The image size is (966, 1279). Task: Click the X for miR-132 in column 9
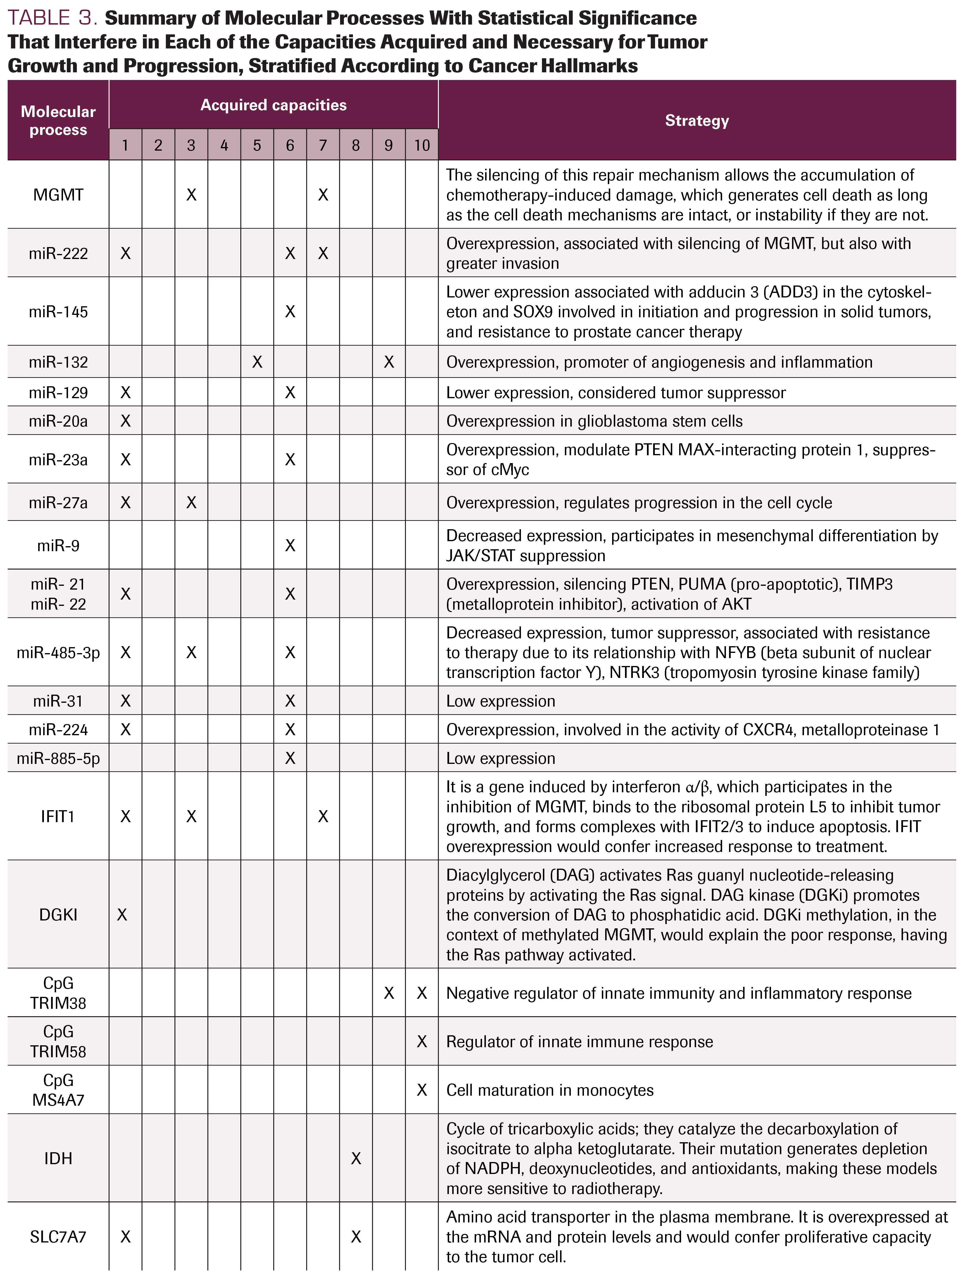[388, 362]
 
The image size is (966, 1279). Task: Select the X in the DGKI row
[122, 915]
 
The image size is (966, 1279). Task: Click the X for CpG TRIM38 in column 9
[388, 993]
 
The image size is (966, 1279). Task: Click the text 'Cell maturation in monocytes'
[549, 1090]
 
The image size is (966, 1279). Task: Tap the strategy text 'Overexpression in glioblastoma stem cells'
[594, 421]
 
